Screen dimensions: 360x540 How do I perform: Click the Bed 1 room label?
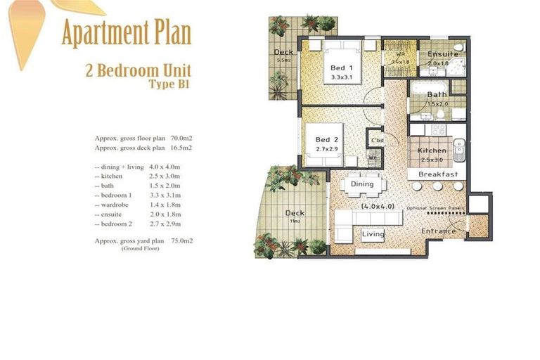click(341, 68)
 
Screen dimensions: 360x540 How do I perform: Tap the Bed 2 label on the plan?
click(327, 140)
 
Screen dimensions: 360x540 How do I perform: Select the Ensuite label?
click(443, 54)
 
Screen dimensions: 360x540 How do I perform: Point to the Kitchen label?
click(431, 150)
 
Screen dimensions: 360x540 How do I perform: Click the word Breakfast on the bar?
click(438, 174)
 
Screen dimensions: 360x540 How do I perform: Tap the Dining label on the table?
click(362, 184)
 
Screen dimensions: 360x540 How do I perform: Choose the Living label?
click(373, 235)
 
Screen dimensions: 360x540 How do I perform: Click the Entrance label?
click(439, 231)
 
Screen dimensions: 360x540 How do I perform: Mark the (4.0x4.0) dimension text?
click(377, 207)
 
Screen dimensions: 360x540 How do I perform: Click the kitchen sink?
click(458, 148)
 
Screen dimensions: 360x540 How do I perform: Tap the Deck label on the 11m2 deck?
click(294, 213)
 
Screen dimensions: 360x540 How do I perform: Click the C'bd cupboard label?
click(378, 141)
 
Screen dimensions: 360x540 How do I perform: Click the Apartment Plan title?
click(126, 33)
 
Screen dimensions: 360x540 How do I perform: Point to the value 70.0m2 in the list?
click(181, 139)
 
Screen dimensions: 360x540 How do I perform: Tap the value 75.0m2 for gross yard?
click(181, 241)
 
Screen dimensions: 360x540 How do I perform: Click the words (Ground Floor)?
click(140, 249)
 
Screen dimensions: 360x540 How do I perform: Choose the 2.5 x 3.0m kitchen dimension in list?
click(165, 176)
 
